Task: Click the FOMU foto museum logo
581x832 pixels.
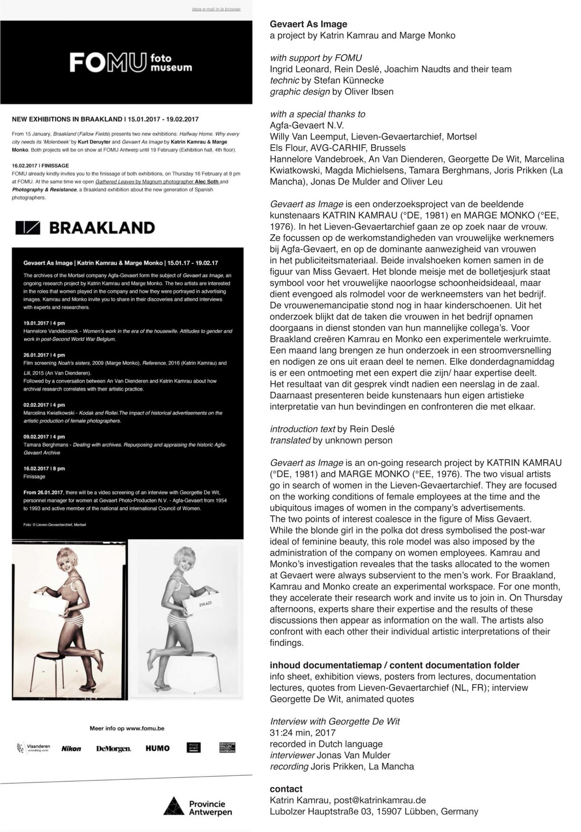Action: (x=131, y=63)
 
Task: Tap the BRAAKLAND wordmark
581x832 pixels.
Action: (x=86, y=228)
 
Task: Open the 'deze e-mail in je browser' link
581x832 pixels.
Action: (x=216, y=9)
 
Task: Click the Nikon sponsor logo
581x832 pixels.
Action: (x=71, y=748)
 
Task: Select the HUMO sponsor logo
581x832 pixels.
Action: (x=158, y=748)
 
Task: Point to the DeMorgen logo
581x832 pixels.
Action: (x=113, y=748)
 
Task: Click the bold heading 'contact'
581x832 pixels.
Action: (x=286, y=789)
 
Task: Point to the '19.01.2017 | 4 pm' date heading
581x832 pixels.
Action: (x=44, y=323)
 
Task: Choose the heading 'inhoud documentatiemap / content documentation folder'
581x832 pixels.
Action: (x=394, y=665)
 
